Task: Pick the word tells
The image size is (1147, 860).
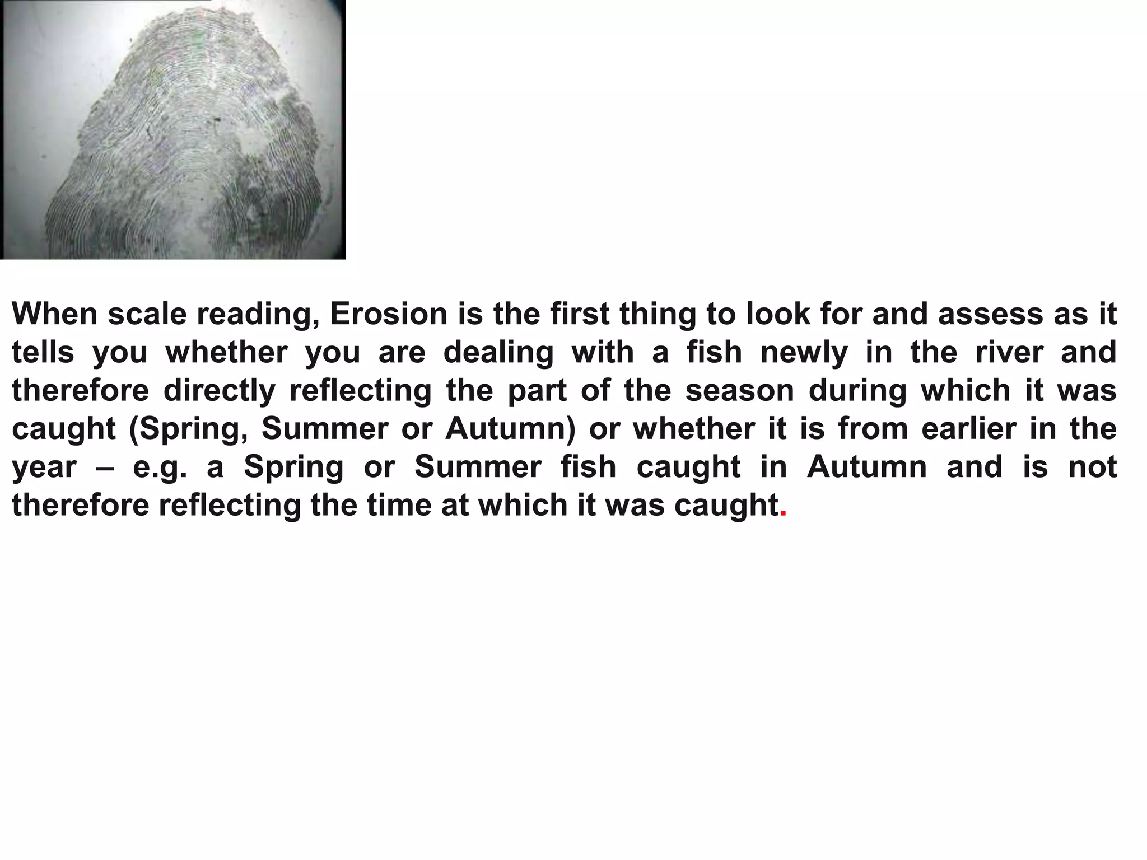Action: tap(43, 353)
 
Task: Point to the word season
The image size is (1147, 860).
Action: tap(740, 391)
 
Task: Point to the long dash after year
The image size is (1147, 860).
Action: tap(105, 467)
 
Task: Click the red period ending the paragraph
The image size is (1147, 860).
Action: tap(783, 514)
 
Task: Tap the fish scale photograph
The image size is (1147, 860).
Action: tap(172, 129)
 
